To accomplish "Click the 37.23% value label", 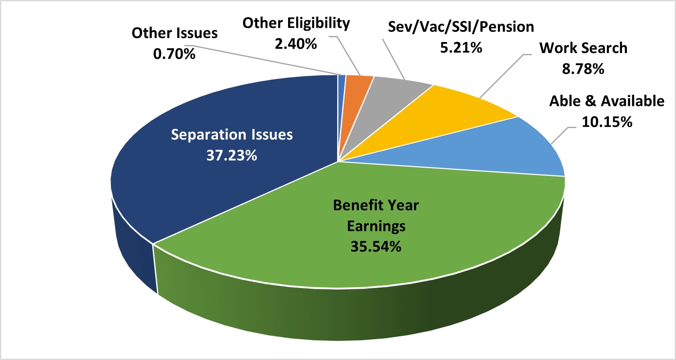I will pyautogui.click(x=232, y=155).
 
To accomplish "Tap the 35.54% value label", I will pyautogui.click(x=376, y=247).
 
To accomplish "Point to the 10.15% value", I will pyautogui.click(x=607, y=122).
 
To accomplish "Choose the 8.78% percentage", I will pyautogui.click(x=583, y=69).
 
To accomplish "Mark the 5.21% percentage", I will pyautogui.click(x=461, y=48).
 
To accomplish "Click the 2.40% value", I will pyautogui.click(x=295, y=44).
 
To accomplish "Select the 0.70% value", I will pyautogui.click(x=174, y=54).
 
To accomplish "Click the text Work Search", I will pyautogui.click(x=583, y=48).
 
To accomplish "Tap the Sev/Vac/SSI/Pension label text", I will pyautogui.click(x=461, y=27).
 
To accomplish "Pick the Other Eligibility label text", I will pyautogui.click(x=296, y=23).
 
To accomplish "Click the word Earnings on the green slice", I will pyautogui.click(x=376, y=226).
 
